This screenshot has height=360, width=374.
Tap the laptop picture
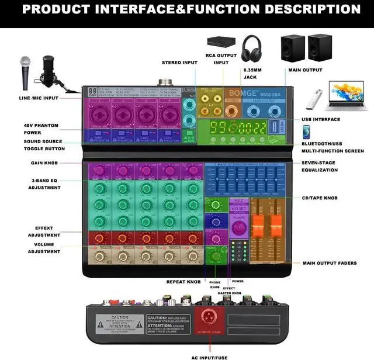[348, 95]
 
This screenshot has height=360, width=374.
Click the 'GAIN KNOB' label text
[44, 163]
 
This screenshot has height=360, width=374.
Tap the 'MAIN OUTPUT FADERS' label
[330, 263]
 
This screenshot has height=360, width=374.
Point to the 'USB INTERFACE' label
[321, 119]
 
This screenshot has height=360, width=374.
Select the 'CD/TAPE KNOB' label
[319, 198]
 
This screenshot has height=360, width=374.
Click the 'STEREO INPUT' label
[179, 62]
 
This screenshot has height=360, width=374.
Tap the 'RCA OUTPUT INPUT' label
[221, 59]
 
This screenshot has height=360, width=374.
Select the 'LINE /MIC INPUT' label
[39, 98]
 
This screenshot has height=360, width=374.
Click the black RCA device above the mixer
[221, 42]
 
